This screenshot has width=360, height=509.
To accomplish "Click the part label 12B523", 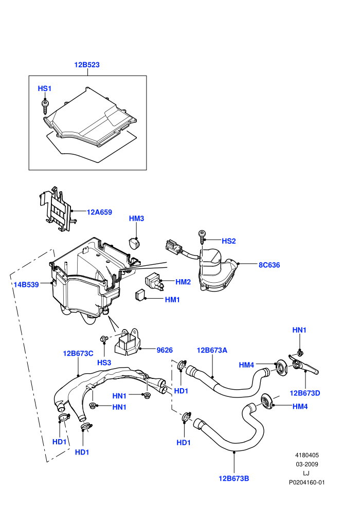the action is (87, 65).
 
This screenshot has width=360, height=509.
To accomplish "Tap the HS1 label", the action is (44, 88).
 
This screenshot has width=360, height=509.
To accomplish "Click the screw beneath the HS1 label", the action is (45, 107).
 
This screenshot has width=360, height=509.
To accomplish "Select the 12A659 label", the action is (99, 212).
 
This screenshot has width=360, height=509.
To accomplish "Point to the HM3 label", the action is (136, 219).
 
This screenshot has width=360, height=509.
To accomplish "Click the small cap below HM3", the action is (134, 243).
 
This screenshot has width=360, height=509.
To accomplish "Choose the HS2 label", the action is (228, 241).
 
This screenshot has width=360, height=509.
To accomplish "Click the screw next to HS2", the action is (202, 238).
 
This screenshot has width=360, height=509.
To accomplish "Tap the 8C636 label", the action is (269, 265).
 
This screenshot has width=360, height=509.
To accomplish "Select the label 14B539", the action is (26, 285).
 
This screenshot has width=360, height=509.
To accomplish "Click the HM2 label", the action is (183, 282).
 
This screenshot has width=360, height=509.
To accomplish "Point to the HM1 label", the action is (172, 300).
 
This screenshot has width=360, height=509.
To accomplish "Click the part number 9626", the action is (165, 350).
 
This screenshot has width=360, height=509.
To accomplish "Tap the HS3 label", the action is (104, 362).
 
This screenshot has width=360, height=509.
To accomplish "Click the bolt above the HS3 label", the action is (104, 339).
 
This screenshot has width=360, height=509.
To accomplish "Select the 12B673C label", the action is (78, 354).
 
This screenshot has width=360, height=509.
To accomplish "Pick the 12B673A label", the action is (212, 350).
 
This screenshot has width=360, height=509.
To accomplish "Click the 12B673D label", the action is (305, 393).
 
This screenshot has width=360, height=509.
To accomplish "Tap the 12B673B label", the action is (233, 479).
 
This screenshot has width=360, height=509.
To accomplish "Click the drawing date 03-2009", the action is (307, 464).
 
